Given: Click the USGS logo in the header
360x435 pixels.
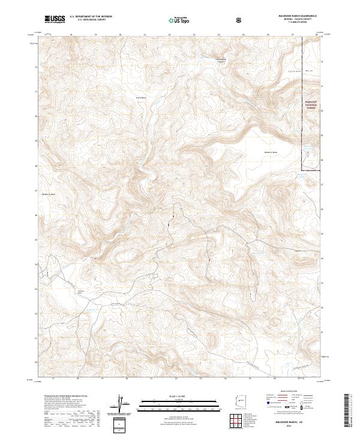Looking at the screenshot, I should point(55,20).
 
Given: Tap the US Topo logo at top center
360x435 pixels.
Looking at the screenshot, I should point(176,20).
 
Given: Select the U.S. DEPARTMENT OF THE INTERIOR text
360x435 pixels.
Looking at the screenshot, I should point(91,17).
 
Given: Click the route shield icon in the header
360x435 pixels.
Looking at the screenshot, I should point(239,20).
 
